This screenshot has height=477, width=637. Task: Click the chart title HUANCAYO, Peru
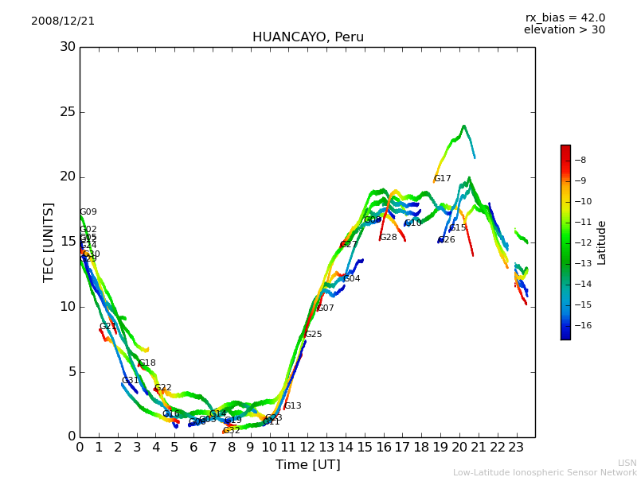point(307,37)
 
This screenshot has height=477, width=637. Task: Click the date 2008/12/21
point(63,21)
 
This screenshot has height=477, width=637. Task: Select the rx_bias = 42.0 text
point(565,18)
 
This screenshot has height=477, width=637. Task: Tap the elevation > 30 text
point(564,30)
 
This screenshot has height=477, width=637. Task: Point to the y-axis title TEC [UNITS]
point(49,242)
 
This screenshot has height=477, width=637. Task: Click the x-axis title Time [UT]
point(307,465)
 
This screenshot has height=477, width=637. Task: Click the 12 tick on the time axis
point(307,447)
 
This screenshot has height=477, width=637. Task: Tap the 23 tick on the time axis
point(516,447)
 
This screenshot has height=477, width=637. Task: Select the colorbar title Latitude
point(602,242)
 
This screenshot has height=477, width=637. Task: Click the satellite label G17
point(443,179)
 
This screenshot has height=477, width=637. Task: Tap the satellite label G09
point(88,212)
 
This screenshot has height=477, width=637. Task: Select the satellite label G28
point(388,238)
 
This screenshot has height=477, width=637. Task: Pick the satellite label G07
point(326,308)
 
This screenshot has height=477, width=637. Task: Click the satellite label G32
point(231,431)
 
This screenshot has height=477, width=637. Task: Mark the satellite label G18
point(147,363)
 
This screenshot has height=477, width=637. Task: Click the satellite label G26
point(447,240)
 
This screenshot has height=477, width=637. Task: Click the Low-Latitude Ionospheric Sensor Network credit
point(545,472)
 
